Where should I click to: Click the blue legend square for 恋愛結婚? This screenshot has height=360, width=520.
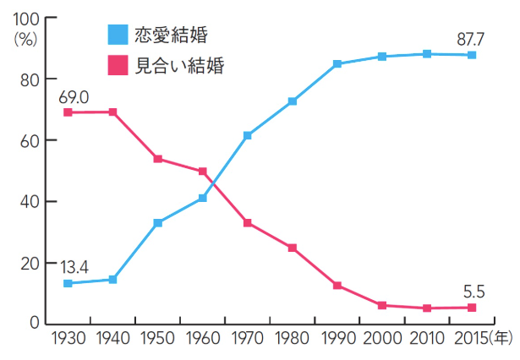tap(118, 35)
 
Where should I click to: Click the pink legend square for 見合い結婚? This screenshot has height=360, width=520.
tap(118, 65)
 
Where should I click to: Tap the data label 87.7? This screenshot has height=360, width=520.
tap(472, 39)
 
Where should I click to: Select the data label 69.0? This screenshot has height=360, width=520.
tap(74, 97)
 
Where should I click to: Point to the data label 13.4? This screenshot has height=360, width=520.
tap(74, 267)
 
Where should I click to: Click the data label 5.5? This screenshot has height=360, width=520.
tap(473, 292)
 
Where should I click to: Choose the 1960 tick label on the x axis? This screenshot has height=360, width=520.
tap(203, 338)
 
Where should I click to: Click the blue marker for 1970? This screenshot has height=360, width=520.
tap(248, 135)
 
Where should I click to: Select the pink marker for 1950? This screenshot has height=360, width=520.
tap(158, 159)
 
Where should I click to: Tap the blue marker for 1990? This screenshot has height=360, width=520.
tap(337, 64)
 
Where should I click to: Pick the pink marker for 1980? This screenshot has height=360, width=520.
tap(293, 248)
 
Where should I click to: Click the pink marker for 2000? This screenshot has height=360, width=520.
tap(382, 305)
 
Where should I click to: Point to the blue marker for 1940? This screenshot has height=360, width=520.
tap(113, 279)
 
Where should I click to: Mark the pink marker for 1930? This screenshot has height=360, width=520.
tap(68, 112)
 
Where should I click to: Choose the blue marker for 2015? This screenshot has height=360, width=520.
tap(472, 55)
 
